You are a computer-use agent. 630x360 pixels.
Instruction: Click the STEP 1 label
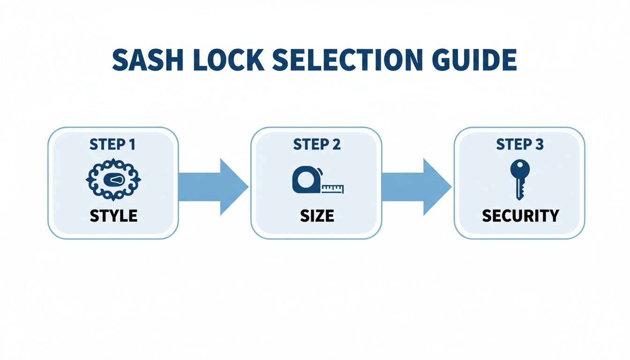click(112, 145)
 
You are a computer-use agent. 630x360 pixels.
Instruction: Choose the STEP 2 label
click(316, 145)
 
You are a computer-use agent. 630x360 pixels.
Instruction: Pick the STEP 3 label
click(519, 145)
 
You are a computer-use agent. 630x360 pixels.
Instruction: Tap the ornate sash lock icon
click(113, 180)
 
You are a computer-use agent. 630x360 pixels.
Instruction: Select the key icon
click(520, 179)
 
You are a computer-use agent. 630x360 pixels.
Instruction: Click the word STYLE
click(113, 216)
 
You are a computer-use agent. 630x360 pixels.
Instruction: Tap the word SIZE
click(316, 216)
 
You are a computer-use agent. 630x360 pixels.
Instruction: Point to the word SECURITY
click(520, 216)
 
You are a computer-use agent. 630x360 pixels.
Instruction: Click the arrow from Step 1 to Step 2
click(213, 187)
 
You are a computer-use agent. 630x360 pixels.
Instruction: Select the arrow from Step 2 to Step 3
click(417, 187)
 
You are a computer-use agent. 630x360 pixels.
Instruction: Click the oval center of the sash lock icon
click(114, 180)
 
